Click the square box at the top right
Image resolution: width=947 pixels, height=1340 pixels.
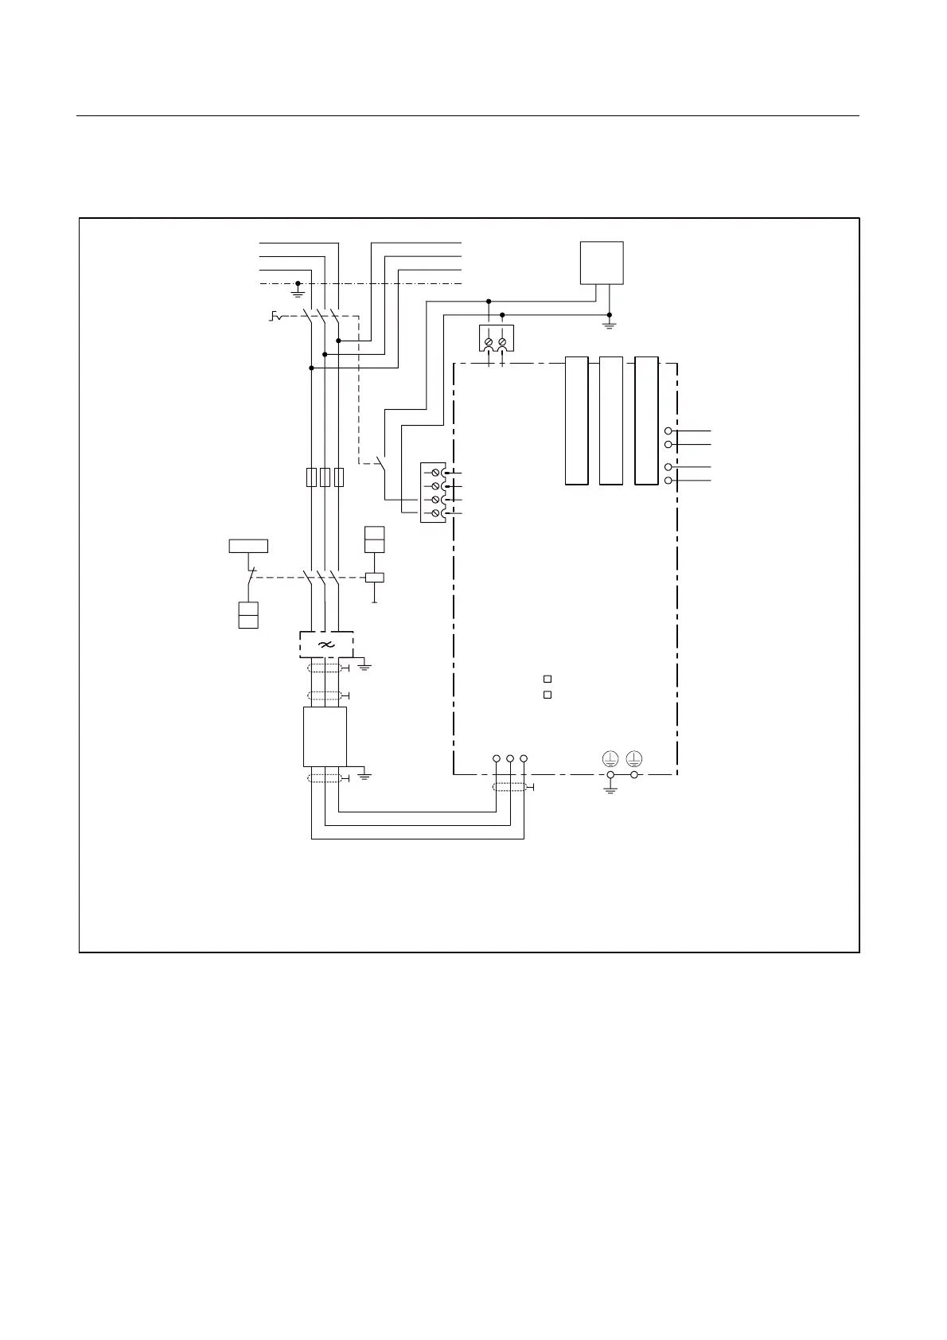pos(602,263)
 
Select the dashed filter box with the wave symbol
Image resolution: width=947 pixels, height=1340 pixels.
pos(326,644)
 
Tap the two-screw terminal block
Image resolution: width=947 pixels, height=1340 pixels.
pos(496,338)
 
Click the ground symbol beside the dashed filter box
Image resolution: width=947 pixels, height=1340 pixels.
pos(365,664)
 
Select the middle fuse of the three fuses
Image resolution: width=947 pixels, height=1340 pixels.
pos(325,477)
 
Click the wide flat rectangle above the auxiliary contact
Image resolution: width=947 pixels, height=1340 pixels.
pos(248,546)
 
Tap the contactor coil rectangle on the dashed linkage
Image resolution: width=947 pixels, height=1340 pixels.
pos(374,578)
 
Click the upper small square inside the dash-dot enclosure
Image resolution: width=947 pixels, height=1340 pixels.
pos(548,679)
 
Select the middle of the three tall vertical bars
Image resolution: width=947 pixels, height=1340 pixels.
pos(610,420)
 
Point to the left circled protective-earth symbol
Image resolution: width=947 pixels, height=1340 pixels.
pos(610,758)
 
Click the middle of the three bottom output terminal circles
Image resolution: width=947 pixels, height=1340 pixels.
pos(510,758)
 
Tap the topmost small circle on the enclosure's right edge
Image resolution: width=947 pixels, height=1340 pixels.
pos(668,430)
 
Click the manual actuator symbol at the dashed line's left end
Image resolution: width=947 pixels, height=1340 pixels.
pos(275,317)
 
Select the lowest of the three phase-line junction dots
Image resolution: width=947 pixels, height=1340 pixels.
pos(311,368)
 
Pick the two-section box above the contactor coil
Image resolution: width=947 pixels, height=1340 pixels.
pos(374,540)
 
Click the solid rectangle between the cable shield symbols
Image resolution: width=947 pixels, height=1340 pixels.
pos(325,736)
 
